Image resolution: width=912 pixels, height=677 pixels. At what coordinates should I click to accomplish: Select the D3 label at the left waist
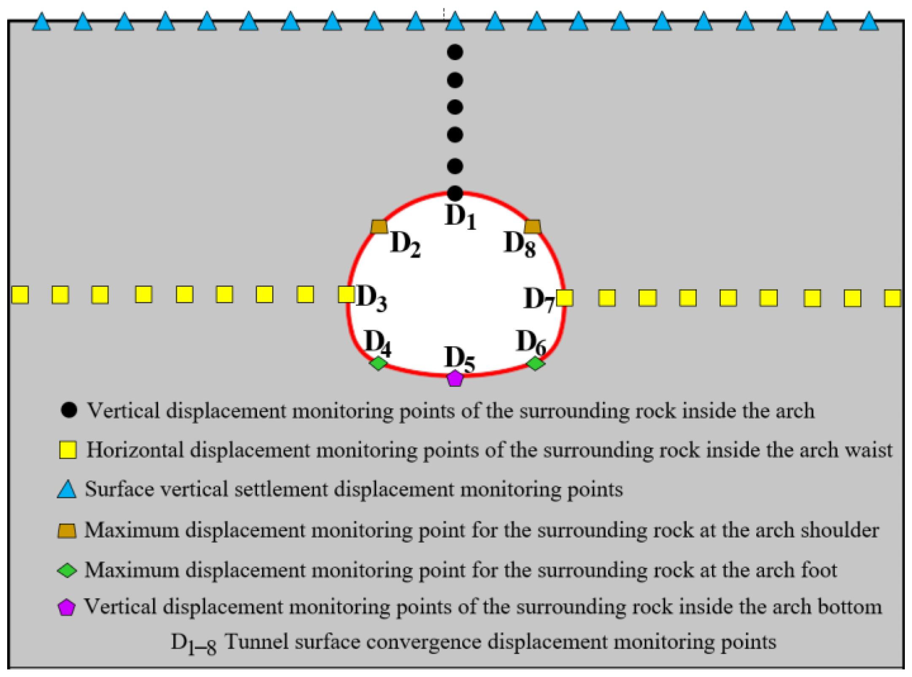[x=371, y=298]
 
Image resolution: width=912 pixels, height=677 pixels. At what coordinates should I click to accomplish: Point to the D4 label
[x=378, y=342]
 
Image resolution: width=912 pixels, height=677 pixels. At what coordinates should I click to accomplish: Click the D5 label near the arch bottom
[x=460, y=359]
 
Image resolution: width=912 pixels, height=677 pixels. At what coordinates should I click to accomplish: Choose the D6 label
[x=531, y=342]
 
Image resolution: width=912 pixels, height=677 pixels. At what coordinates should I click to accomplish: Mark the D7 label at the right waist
[x=539, y=300]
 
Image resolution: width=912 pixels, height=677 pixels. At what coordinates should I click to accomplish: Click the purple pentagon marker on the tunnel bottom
[x=455, y=378]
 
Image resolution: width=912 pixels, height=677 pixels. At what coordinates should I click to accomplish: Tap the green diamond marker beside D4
[x=378, y=363]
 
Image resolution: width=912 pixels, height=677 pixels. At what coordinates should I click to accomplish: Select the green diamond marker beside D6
[x=536, y=363]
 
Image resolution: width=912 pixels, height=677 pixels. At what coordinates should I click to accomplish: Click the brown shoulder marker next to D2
[x=379, y=227]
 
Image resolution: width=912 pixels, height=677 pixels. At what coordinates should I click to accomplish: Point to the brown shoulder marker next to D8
[x=532, y=227]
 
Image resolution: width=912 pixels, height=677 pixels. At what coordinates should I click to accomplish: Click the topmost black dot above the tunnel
[x=455, y=52]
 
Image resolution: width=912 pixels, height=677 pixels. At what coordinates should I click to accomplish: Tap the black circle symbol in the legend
[x=69, y=410]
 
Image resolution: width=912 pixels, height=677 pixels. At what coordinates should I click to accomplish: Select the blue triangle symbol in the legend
[x=67, y=490]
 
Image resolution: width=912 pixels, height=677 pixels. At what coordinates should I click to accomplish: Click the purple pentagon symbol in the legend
[x=66, y=607]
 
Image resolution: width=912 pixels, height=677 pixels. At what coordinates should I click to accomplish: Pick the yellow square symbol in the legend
[x=68, y=450]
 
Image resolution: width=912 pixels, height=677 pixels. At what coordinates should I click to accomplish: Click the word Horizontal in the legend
[x=135, y=450]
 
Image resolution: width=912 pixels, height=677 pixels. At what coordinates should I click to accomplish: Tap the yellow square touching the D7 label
[x=565, y=298]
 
